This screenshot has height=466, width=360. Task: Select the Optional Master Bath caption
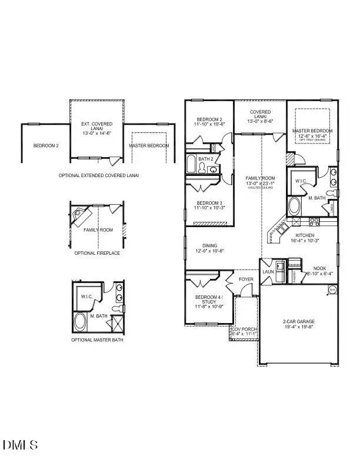tap(97, 339)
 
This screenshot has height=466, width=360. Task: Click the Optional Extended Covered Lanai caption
tap(99, 175)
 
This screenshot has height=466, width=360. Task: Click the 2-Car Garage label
tap(298, 321)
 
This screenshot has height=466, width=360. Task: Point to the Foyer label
tap(246, 279)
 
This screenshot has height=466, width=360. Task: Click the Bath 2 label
tap(205, 159)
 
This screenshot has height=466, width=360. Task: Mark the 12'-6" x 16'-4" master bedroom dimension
tap(316, 136)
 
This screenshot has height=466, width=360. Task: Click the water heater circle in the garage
tap(332, 289)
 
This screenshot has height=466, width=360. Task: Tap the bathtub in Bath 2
tap(192, 164)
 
